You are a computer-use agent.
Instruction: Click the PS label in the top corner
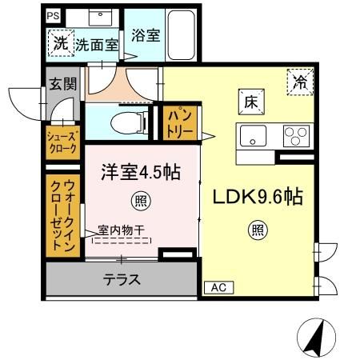tap(53, 15)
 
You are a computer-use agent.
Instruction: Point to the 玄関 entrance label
tap(60, 84)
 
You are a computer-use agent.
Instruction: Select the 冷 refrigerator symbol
tap(302, 80)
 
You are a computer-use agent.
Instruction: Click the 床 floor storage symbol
tap(248, 101)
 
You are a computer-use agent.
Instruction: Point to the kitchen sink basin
tap(253, 136)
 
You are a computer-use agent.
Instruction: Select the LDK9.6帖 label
tap(256, 197)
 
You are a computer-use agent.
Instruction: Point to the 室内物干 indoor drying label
tap(121, 230)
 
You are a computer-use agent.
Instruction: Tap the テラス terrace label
tap(122, 280)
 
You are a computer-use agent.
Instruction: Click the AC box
tap(217, 286)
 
